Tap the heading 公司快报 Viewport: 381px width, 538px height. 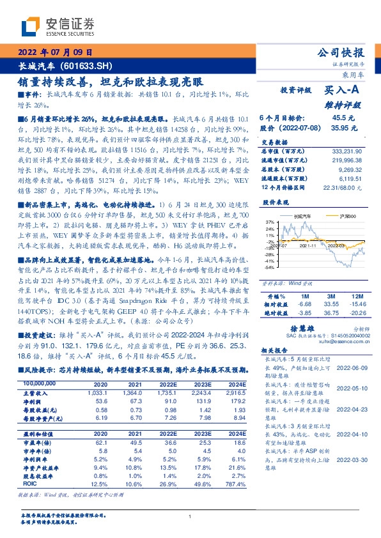(340, 52)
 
